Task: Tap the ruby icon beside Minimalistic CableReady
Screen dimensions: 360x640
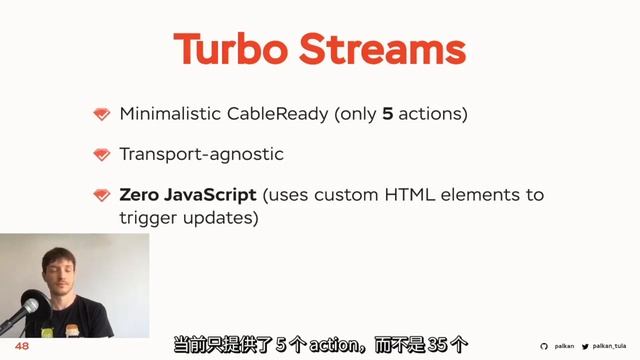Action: (101, 114)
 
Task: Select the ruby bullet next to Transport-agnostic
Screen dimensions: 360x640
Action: (101, 154)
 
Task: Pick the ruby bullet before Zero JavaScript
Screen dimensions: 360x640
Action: (101, 195)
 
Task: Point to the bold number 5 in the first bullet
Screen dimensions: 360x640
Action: (387, 114)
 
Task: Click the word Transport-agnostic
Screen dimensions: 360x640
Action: (201, 154)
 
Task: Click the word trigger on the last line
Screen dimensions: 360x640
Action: (146, 217)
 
